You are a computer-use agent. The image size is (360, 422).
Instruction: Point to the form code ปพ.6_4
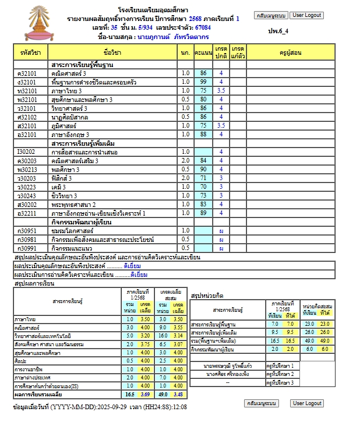[x=278, y=31]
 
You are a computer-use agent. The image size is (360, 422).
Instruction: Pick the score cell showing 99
[x=203, y=82]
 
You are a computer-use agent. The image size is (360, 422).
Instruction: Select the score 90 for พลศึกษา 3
[x=203, y=169]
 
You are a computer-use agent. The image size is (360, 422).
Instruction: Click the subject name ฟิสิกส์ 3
[x=63, y=178]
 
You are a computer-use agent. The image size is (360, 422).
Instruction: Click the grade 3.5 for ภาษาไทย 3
[x=221, y=91]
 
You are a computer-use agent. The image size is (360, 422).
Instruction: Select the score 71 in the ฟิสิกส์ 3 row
[x=203, y=178]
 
